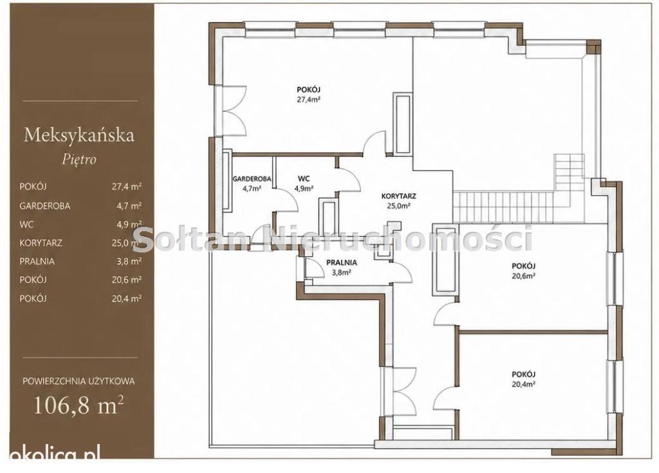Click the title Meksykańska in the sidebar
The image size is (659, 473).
point(79,135)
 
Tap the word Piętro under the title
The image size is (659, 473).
point(79,160)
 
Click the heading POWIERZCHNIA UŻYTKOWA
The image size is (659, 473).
point(79,382)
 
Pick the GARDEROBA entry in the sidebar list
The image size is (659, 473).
point(45,206)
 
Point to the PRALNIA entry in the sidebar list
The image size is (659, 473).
point(37,261)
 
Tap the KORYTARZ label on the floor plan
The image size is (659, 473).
point(399,196)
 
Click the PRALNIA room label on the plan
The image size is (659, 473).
point(342,263)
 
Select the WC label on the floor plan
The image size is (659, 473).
point(304,179)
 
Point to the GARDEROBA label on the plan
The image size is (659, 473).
point(252,179)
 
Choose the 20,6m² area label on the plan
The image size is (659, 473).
point(523,276)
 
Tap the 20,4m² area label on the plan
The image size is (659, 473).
point(523,384)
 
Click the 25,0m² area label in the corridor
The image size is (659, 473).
point(399,206)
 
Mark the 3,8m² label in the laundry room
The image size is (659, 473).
point(342,272)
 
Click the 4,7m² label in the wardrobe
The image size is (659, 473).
point(252,189)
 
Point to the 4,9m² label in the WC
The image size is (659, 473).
point(304,189)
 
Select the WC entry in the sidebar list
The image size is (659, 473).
point(26,225)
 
